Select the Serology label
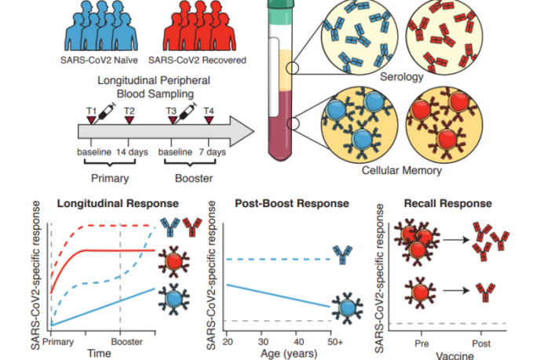point(402,78)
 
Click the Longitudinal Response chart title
point(106,203)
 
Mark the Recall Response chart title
point(458,203)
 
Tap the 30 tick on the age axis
point(264,342)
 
